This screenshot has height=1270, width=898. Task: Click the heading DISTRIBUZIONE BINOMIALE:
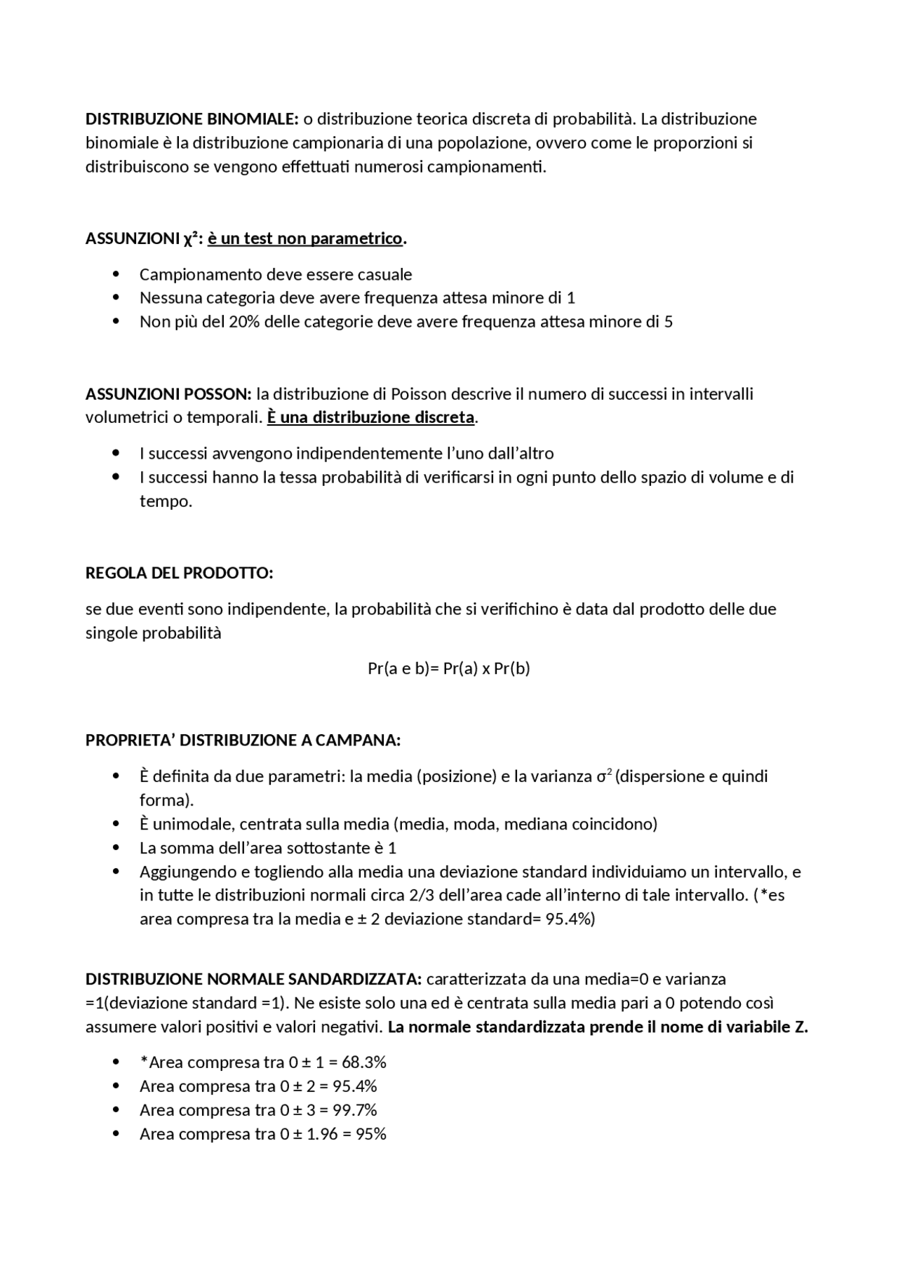(x=192, y=119)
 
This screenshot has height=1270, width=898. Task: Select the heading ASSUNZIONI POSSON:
(x=168, y=393)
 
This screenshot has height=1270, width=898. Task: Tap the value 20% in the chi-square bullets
(x=243, y=322)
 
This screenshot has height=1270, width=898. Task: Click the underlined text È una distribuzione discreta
(x=370, y=417)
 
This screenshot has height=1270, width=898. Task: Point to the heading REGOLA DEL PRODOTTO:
(x=179, y=573)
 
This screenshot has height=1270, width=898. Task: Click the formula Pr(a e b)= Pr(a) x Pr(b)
(x=449, y=668)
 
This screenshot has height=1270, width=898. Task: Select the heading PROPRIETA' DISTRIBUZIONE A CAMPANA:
(x=243, y=741)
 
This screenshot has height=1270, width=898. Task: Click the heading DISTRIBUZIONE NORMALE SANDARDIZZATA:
(x=253, y=979)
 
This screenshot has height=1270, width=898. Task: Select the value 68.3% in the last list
(x=364, y=1062)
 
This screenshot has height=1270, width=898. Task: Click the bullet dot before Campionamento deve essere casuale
(x=116, y=274)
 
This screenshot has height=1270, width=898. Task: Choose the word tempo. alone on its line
(x=166, y=501)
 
